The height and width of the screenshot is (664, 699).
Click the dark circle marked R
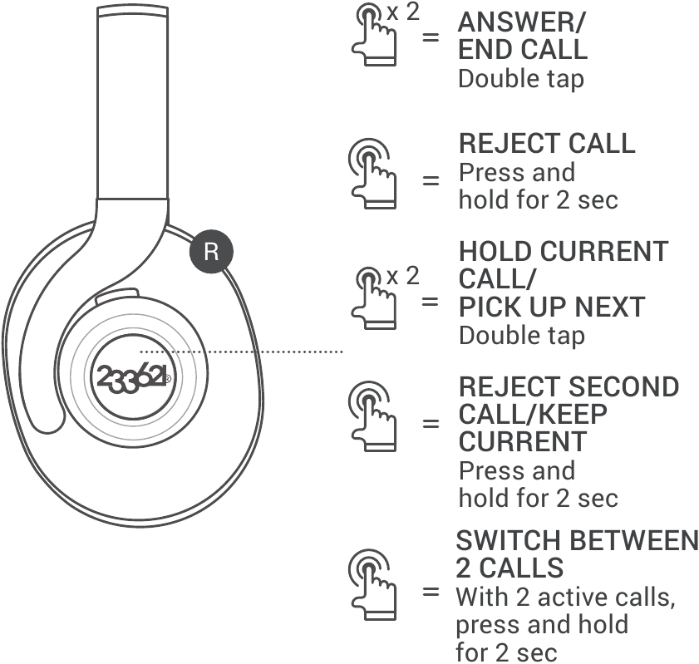point(211,252)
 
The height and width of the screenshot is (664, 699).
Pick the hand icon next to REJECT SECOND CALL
point(370,411)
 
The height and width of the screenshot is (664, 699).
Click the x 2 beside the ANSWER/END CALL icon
point(404,13)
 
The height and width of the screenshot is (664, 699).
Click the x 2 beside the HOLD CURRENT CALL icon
point(404,275)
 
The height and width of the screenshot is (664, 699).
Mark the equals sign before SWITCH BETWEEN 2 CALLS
point(431,593)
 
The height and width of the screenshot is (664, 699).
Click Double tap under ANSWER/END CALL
point(522,79)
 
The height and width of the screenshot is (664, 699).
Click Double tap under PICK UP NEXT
point(522,335)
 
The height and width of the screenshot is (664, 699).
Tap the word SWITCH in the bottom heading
point(508,541)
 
